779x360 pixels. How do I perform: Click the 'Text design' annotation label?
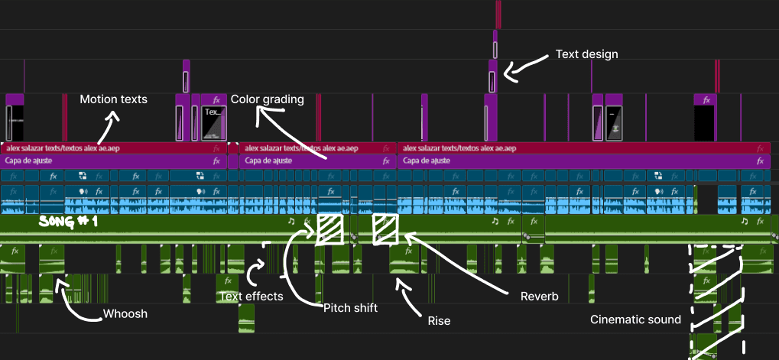[587, 54]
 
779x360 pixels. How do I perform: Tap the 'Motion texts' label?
[113, 99]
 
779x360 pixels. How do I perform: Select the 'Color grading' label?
[268, 99]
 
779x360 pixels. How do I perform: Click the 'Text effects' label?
[251, 297]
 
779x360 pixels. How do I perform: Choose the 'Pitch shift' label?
[350, 308]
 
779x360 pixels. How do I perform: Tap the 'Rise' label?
[439, 321]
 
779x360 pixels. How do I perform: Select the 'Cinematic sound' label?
[635, 319]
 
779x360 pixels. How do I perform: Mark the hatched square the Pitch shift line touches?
[330, 229]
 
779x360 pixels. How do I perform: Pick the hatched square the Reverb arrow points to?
[385, 229]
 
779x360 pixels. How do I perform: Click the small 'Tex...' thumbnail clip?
[214, 122]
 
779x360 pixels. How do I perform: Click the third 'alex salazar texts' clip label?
[458, 148]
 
